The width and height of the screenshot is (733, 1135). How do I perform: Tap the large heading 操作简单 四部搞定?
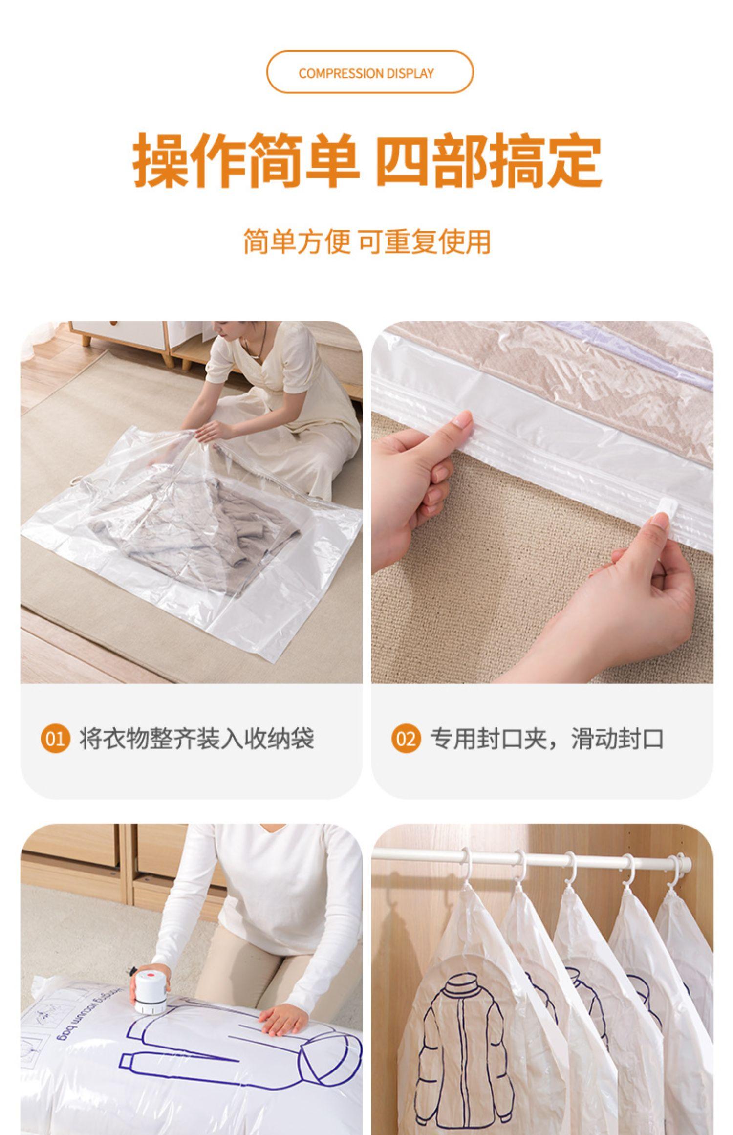(367, 159)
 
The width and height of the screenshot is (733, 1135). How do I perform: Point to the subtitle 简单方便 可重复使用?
(367, 242)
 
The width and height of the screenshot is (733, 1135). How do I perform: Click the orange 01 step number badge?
(55, 738)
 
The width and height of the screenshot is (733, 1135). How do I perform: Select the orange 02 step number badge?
(406, 738)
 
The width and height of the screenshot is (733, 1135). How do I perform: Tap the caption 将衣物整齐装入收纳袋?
(196, 738)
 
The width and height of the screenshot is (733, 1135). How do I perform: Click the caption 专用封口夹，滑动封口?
(547, 738)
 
